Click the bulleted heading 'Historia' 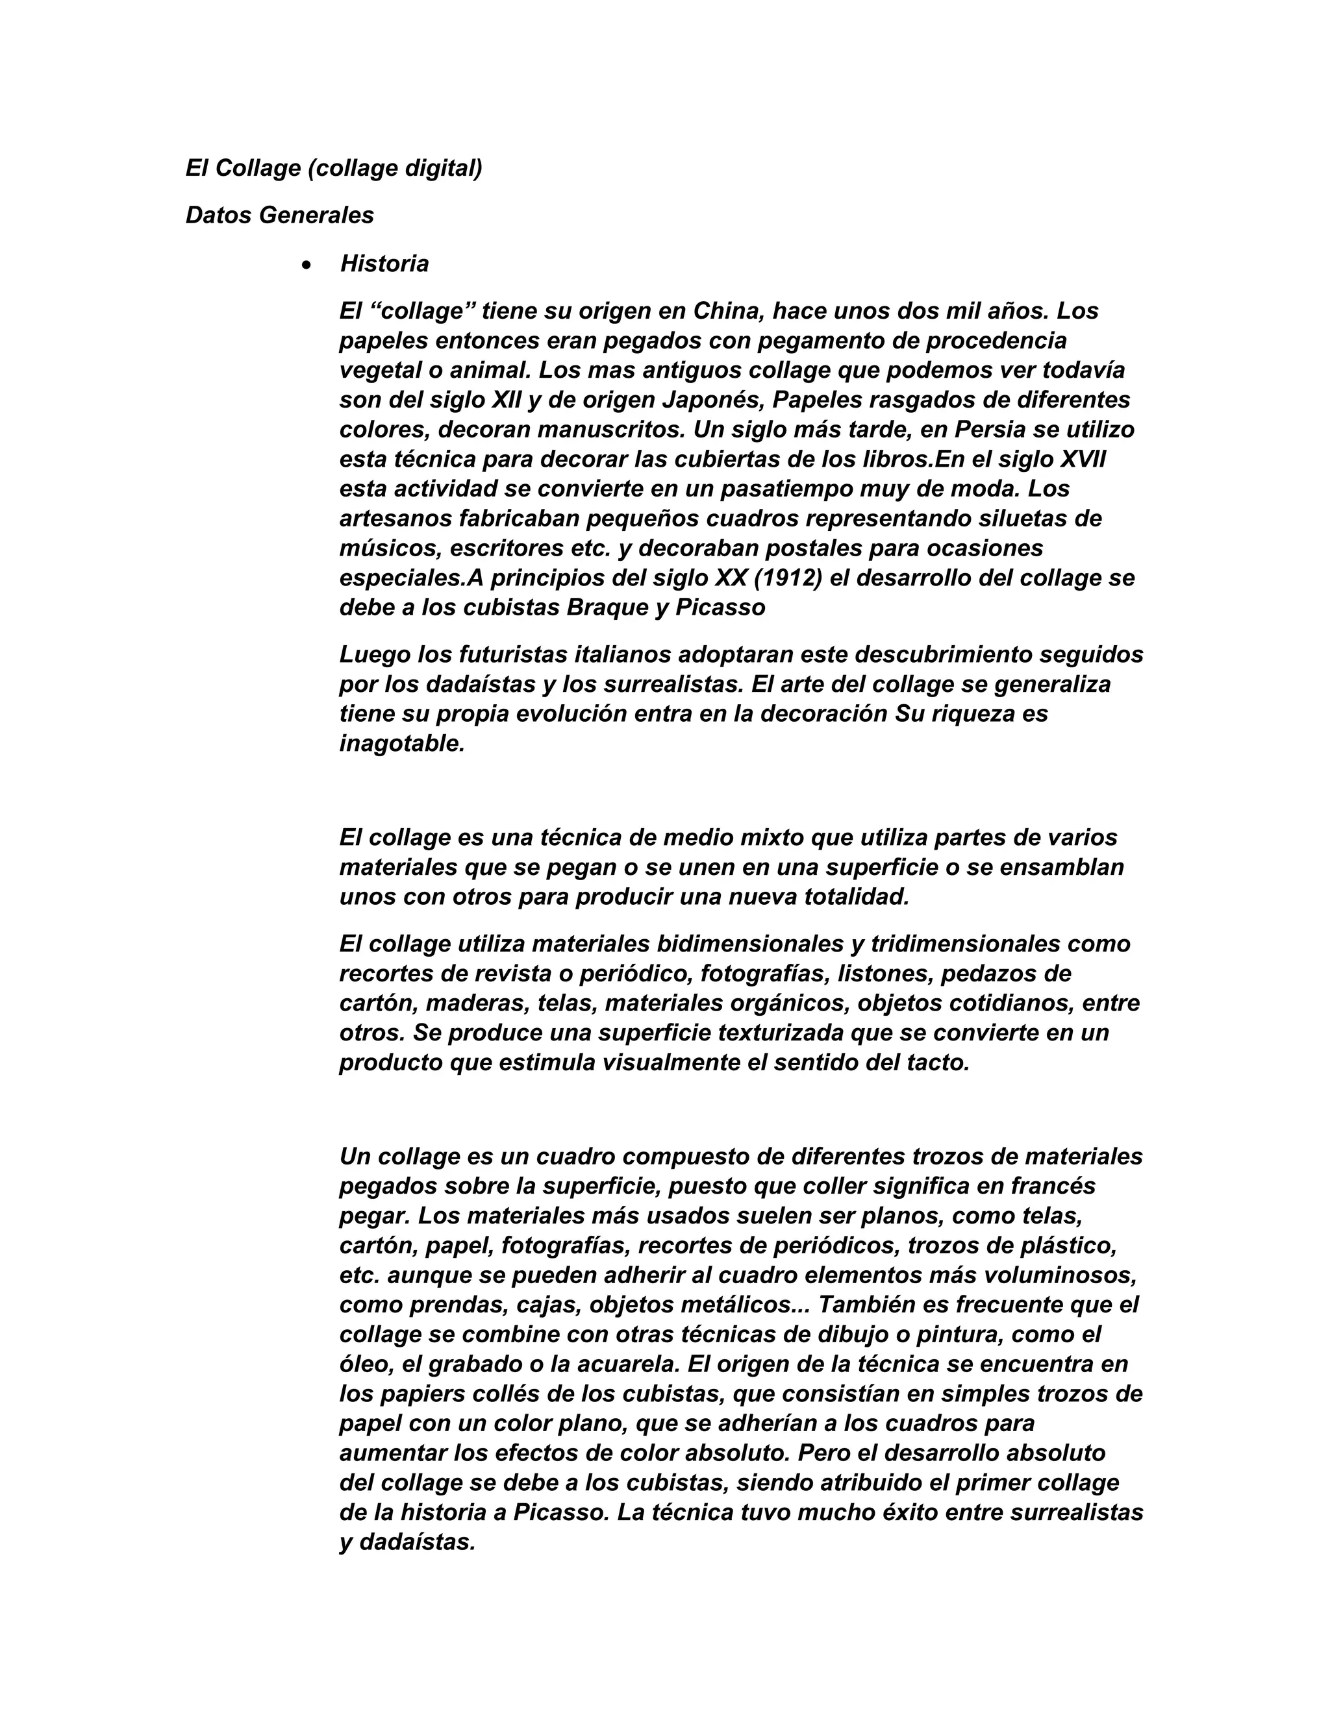pyautogui.click(x=384, y=264)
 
